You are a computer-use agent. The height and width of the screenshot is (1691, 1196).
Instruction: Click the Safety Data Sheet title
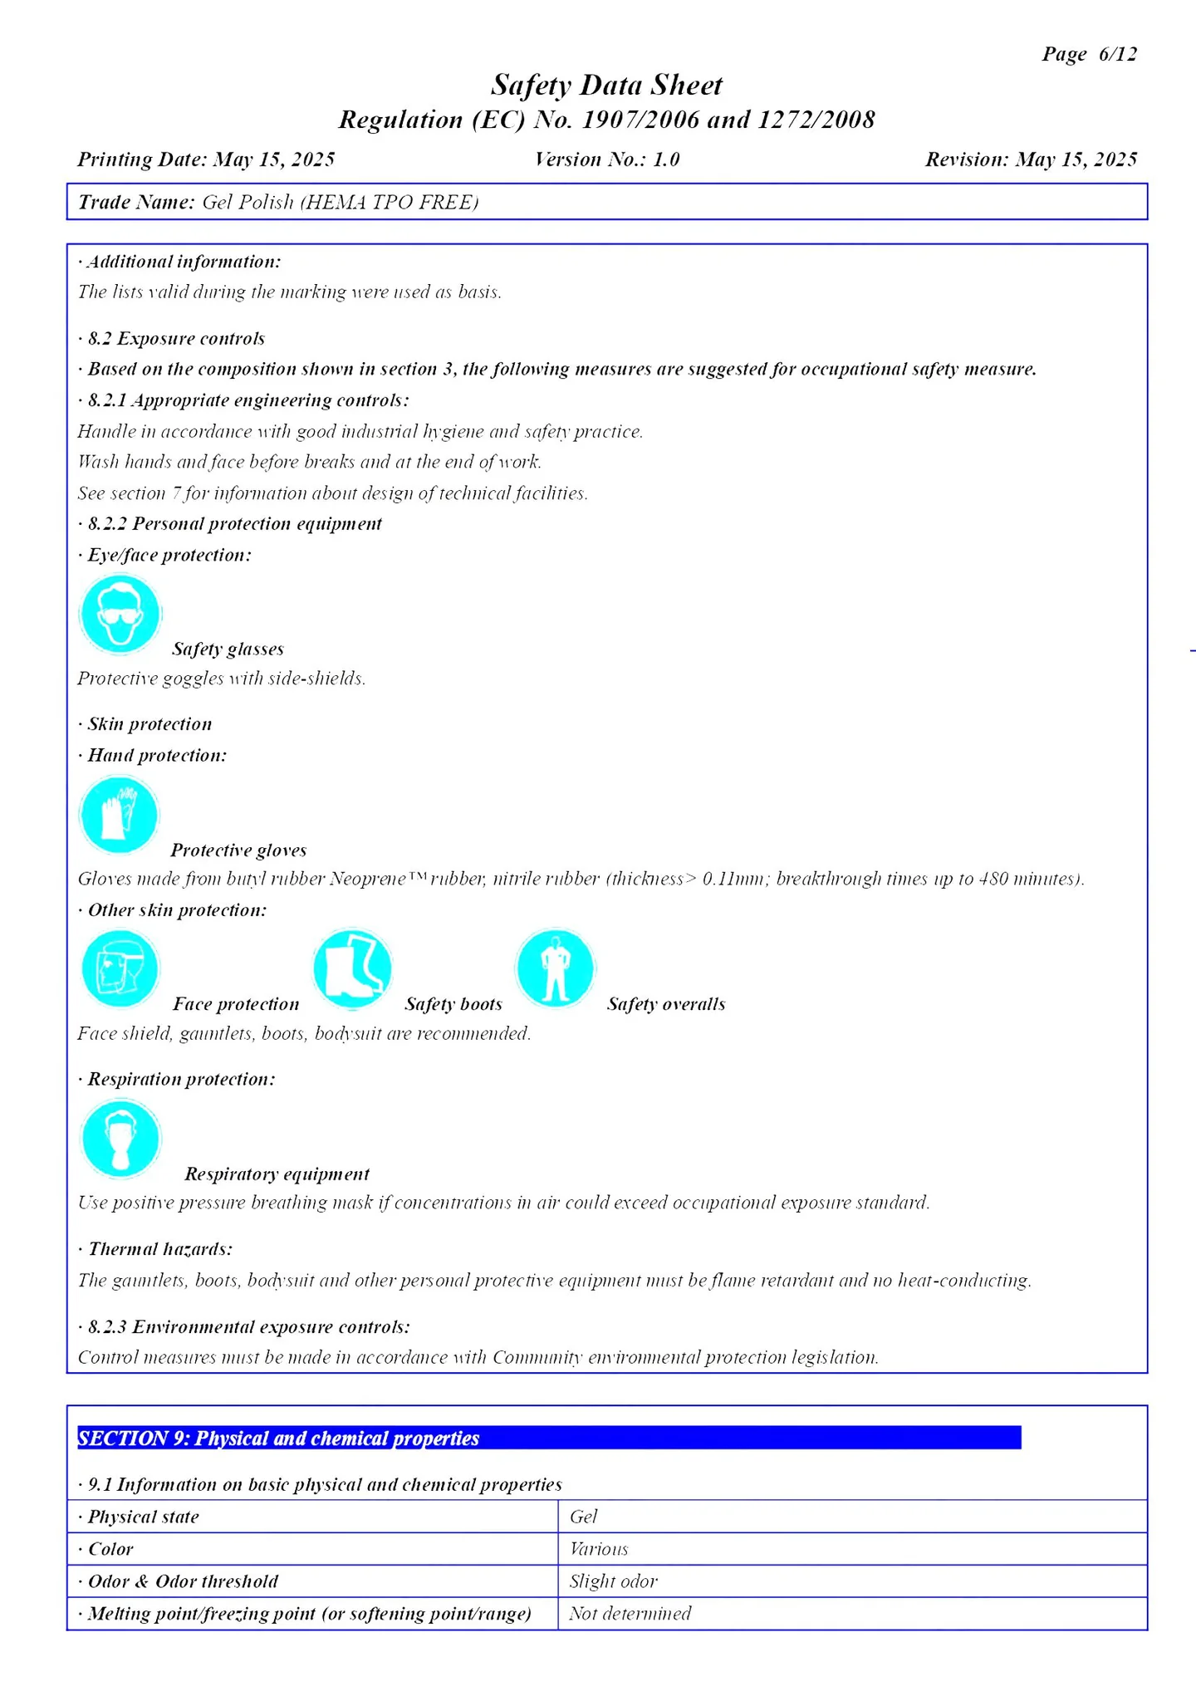pyautogui.click(x=606, y=85)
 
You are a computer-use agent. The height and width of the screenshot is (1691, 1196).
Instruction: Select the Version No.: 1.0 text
pyautogui.click(x=607, y=159)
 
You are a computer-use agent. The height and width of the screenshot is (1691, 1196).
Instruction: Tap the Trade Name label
pyautogui.click(x=136, y=203)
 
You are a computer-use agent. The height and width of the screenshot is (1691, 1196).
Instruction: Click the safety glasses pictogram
pyautogui.click(x=120, y=615)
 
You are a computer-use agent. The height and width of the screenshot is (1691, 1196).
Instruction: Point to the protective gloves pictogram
pyautogui.click(x=119, y=815)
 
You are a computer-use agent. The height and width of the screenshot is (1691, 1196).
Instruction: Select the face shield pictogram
pyautogui.click(x=120, y=968)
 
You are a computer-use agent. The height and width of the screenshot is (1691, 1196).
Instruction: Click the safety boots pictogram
pyautogui.click(x=352, y=968)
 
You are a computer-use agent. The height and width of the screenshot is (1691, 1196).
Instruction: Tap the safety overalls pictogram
pyautogui.click(x=555, y=968)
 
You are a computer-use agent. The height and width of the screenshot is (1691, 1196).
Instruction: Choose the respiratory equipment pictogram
pyautogui.click(x=120, y=1139)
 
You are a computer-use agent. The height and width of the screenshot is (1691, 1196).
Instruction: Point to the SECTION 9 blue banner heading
pyautogui.click(x=548, y=1439)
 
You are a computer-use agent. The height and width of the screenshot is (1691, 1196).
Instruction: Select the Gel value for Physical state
pyautogui.click(x=584, y=1517)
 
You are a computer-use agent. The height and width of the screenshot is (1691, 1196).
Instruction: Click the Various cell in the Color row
pyautogui.click(x=599, y=1549)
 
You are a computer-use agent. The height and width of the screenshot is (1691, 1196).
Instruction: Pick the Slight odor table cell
pyautogui.click(x=613, y=1581)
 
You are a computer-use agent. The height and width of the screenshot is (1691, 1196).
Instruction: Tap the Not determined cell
pyautogui.click(x=630, y=1614)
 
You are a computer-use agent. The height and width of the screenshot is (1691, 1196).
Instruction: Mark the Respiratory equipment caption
pyautogui.click(x=277, y=1174)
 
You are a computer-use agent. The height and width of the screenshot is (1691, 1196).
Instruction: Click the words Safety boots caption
pyautogui.click(x=453, y=1004)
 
